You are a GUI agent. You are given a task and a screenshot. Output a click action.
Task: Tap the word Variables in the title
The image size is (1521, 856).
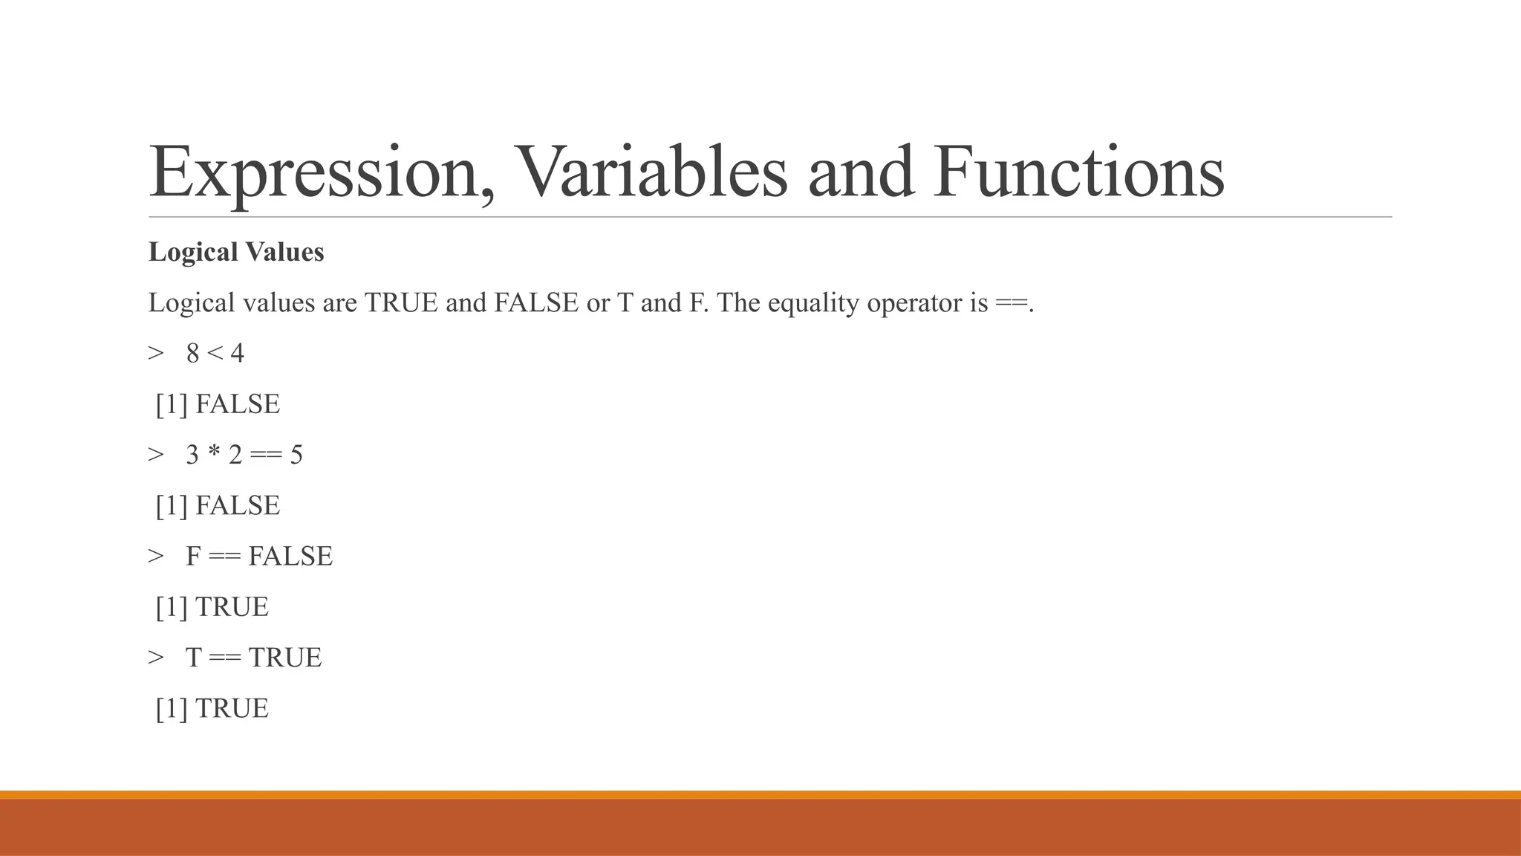tap(651, 172)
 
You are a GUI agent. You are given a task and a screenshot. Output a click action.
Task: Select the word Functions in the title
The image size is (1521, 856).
tap(1079, 172)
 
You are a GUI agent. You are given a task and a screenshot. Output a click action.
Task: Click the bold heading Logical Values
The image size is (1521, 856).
tap(236, 253)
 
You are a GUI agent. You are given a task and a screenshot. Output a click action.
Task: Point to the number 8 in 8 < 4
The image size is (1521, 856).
tap(193, 354)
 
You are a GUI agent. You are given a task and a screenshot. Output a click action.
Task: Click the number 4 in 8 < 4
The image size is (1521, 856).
tap(237, 354)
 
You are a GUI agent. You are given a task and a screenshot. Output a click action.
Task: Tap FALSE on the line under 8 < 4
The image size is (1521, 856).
tap(238, 404)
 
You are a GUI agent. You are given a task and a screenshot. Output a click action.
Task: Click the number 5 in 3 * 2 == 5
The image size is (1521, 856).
tap(296, 455)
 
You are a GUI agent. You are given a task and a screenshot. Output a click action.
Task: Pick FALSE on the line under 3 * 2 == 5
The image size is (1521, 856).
tap(238, 506)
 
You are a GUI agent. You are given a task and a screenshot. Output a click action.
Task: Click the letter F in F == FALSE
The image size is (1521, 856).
tap(193, 557)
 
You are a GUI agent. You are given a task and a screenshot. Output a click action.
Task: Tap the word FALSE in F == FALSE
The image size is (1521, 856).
tap(290, 557)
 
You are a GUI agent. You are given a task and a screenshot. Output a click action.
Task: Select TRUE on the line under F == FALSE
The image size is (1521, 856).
tap(232, 607)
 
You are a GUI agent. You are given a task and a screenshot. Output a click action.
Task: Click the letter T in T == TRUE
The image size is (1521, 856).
tap(193, 658)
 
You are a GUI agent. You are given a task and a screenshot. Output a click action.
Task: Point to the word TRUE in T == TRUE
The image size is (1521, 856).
tap(285, 658)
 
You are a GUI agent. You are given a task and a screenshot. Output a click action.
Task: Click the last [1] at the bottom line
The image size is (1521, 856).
tap(171, 709)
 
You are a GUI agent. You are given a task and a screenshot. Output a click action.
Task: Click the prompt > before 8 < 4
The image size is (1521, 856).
tap(156, 354)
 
